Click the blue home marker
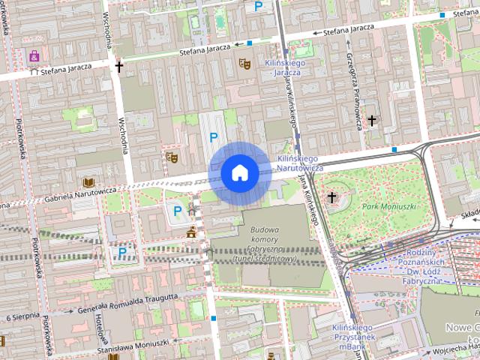(x=240, y=172)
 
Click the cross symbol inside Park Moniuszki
(x=332, y=197)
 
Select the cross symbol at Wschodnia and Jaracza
(x=118, y=67)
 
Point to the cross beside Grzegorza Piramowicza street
(x=371, y=120)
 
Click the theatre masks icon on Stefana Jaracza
(x=243, y=64)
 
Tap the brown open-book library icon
(x=88, y=182)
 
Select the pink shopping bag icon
(x=34, y=55)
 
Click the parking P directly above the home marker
(x=214, y=136)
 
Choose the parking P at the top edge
(x=259, y=7)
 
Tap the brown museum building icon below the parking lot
(x=192, y=232)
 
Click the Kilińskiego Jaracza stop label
(x=286, y=68)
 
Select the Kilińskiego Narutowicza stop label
(x=299, y=163)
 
